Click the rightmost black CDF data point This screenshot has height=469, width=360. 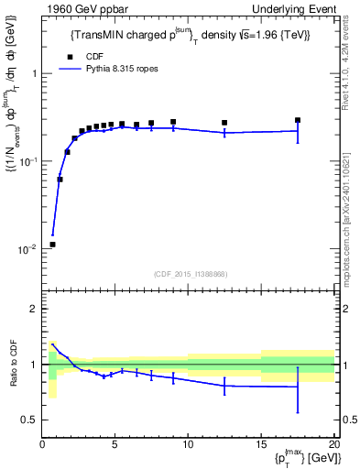pyautogui.click(x=298, y=120)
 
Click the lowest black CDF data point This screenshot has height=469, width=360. pyautogui.click(x=52, y=245)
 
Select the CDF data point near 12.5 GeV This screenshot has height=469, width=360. pyautogui.click(x=224, y=123)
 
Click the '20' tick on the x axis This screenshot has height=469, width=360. pyautogui.click(x=333, y=446)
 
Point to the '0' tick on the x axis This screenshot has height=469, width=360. pyautogui.click(x=42, y=446)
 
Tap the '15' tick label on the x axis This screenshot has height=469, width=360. pyautogui.click(x=261, y=446)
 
